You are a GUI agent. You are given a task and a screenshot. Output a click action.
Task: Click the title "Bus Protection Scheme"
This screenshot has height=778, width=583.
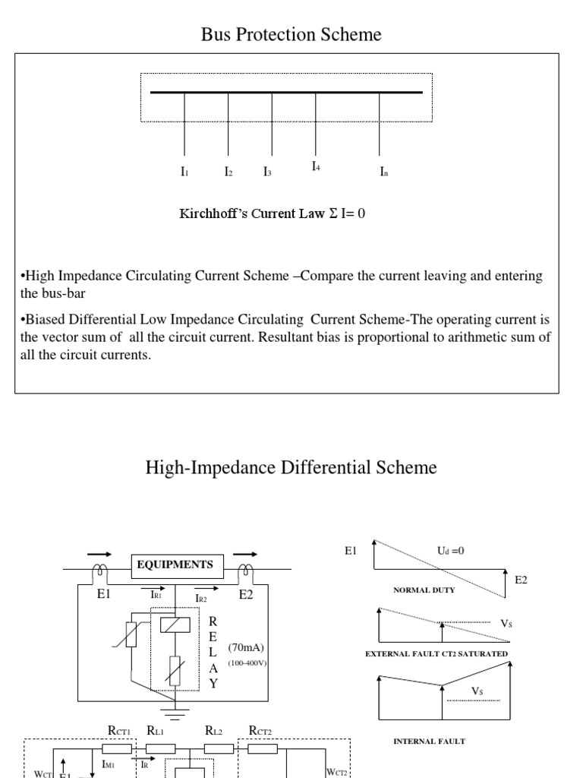point(291,34)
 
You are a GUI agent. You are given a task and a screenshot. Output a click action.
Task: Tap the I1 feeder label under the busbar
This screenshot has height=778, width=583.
point(184,172)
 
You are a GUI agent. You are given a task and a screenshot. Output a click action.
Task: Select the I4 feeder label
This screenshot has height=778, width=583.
point(316,166)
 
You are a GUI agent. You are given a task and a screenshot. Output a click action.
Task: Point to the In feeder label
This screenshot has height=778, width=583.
point(384,172)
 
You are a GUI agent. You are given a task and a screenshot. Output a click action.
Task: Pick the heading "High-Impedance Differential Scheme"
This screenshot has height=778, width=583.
point(291,467)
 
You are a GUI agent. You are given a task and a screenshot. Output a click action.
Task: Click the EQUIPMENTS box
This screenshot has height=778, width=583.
point(175,565)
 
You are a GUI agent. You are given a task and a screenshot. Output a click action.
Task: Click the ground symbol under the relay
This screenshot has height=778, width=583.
point(175,713)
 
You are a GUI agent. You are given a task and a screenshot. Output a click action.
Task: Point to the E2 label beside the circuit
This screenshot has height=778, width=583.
point(246,595)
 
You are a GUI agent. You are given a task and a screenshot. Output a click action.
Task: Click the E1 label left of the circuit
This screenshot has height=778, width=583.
point(104,595)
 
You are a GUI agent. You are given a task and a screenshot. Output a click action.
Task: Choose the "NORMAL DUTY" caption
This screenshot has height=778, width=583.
point(424,590)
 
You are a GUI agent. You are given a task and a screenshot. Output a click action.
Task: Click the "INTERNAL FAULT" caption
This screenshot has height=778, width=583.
point(429,741)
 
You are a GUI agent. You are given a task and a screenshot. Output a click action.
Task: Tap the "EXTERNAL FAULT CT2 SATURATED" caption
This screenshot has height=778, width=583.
point(436,653)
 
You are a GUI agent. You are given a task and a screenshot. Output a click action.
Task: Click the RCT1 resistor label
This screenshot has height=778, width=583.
point(119,732)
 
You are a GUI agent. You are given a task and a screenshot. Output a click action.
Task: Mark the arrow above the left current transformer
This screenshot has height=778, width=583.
point(98,555)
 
